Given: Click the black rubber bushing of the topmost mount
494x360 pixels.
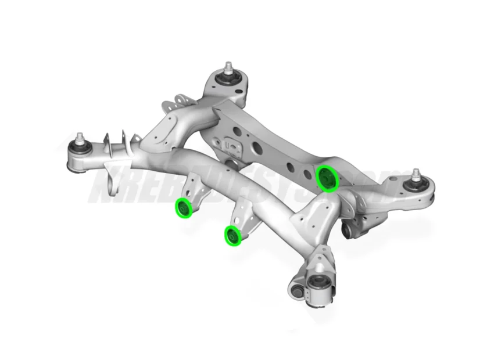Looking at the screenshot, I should click(227, 77).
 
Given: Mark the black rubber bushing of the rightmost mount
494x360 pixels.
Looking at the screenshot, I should click(417, 185).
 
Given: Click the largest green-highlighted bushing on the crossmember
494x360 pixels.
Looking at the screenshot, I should click(327, 178).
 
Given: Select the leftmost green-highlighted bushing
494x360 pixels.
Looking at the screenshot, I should click(185, 208).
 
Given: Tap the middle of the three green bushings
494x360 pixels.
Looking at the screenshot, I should click(233, 236).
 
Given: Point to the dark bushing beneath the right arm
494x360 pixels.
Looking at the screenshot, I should click(348, 231).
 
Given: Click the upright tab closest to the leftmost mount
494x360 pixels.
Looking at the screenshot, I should click(108, 141).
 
